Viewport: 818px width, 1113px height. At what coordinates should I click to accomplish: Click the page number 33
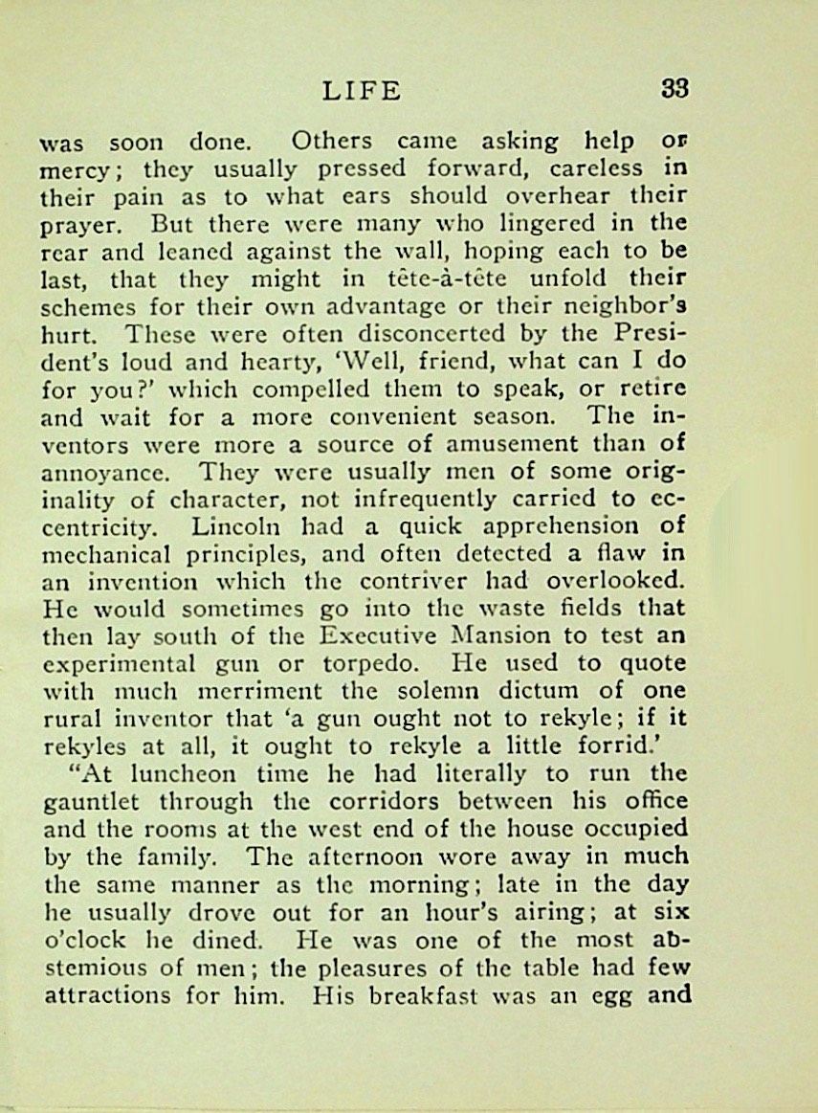coord(674,90)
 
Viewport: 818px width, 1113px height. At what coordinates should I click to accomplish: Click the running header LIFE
coord(363,92)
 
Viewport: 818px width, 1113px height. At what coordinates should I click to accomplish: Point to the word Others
coord(331,141)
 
